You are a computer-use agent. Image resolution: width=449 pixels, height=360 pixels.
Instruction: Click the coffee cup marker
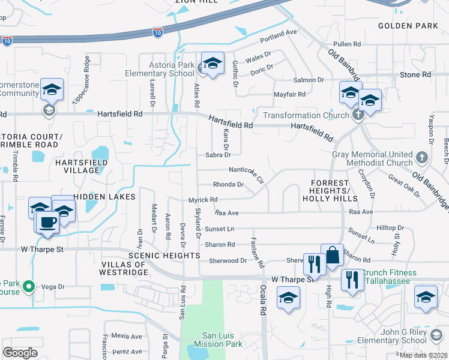pyautogui.click(x=48, y=221)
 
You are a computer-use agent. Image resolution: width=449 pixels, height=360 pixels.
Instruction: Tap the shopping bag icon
pyautogui.click(x=332, y=255)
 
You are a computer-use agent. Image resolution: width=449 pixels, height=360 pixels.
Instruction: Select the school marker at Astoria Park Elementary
pyautogui.click(x=212, y=63)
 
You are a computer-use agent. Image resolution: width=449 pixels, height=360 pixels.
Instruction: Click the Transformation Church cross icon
pyautogui.click(x=358, y=115)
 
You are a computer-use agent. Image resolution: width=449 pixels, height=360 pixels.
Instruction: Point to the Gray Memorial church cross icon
pyautogui.click(x=422, y=158)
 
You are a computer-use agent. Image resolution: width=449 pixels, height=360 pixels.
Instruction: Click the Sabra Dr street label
pyautogui.click(x=218, y=155)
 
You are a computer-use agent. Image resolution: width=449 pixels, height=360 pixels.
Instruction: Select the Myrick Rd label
pyautogui.click(x=203, y=199)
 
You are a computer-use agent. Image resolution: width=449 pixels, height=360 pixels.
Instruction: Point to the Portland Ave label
pyautogui.click(x=279, y=36)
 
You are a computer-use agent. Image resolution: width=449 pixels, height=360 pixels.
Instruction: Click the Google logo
pyautogui.click(x=20, y=352)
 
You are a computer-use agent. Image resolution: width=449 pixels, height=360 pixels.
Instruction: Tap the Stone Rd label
pyautogui.click(x=415, y=75)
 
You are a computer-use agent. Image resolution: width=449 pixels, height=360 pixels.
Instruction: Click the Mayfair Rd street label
pyautogui.click(x=290, y=94)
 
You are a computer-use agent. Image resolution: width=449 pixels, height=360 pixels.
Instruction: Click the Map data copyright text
pyautogui.click(x=424, y=355)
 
